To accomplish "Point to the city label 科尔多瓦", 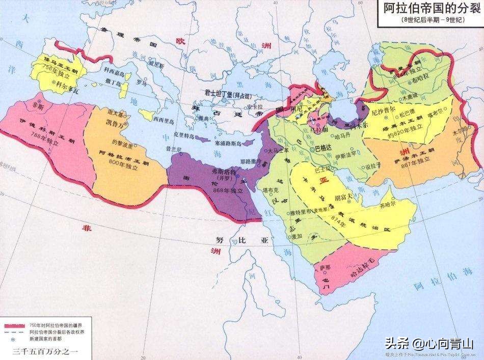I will tap(67, 88).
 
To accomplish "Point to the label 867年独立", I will tap(414, 159).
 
